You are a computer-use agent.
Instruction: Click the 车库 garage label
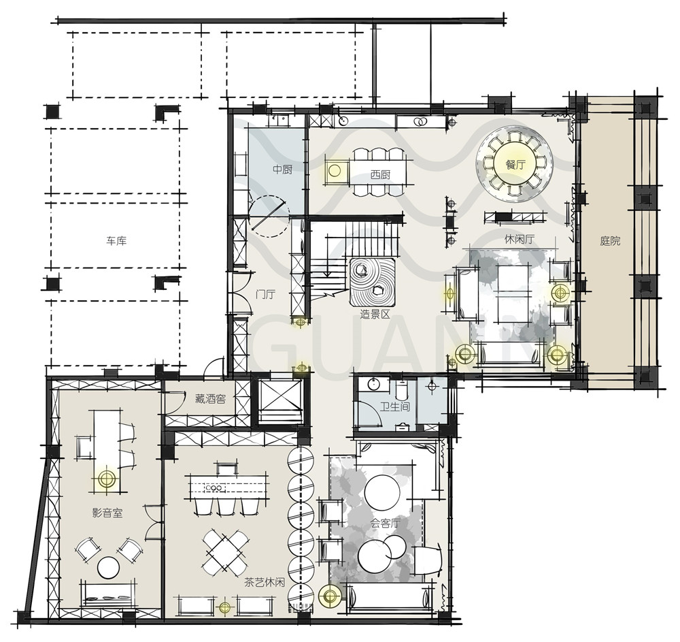tap(117, 240)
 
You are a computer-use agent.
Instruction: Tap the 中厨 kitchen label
tap(282, 170)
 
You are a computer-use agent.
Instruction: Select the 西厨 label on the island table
tap(380, 175)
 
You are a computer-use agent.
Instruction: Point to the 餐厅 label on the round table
tap(515, 165)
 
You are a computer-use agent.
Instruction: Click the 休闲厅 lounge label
tap(519, 239)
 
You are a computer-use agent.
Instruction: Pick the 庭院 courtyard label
tap(610, 241)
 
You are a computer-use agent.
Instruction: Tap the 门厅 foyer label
tap(265, 294)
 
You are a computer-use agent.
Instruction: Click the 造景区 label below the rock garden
tap(375, 313)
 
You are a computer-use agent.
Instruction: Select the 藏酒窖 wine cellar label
tap(210, 398)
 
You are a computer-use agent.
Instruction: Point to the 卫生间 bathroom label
tap(395, 406)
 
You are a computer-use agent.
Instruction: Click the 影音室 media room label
tap(107, 513)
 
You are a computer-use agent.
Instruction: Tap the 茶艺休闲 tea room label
tap(265, 583)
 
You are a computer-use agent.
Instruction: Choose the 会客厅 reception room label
tap(385, 524)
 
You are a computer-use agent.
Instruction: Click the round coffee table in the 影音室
tap(108, 567)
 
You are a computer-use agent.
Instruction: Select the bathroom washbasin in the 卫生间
tap(373, 384)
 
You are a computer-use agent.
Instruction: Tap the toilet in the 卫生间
tap(401, 390)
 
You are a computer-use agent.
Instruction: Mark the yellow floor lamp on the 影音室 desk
tap(106, 479)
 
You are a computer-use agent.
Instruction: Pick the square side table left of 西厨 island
tap(335, 172)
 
